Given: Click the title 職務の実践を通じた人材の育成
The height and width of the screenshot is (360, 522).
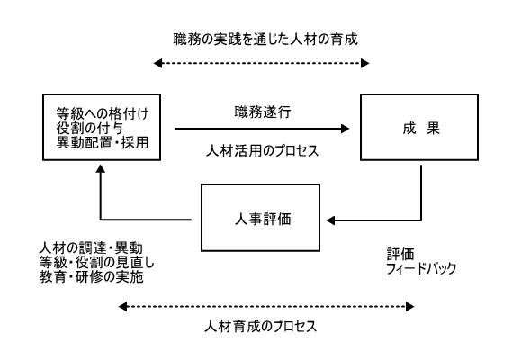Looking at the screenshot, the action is (x=265, y=40).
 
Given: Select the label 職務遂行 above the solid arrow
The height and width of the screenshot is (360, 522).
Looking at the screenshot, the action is (x=263, y=112).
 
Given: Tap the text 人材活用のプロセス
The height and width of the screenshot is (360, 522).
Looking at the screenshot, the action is (x=262, y=151).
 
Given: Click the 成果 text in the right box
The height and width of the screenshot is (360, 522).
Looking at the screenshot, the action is (x=421, y=128).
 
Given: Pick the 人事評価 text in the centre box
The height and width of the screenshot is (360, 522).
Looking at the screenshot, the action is (x=263, y=219).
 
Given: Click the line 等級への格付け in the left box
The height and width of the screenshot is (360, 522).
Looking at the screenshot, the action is (x=103, y=114).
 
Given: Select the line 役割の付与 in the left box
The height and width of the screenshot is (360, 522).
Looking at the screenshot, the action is (x=90, y=128).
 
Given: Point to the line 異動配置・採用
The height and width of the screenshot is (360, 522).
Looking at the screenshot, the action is (x=103, y=142).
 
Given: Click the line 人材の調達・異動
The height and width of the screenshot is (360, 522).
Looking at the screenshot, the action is (x=91, y=248).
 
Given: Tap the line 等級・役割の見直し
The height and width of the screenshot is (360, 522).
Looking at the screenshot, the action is (x=97, y=263).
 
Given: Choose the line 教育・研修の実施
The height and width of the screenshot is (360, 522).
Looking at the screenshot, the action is (x=91, y=276).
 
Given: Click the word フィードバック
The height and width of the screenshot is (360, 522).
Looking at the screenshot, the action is (x=421, y=268).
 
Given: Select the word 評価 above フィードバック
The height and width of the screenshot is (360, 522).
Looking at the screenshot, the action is (x=400, y=254).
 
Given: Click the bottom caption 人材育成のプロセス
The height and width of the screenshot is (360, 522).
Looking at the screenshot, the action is (x=261, y=326).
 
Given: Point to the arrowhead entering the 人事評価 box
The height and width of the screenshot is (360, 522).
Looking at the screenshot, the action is (x=330, y=220).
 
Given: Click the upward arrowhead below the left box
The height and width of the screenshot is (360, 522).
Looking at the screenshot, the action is (x=101, y=169).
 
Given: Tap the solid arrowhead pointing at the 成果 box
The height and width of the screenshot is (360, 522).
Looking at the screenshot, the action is (x=345, y=129).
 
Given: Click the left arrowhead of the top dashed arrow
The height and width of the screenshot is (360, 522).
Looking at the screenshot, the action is (x=157, y=63).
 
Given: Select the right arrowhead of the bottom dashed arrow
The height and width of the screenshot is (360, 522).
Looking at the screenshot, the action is (x=409, y=306).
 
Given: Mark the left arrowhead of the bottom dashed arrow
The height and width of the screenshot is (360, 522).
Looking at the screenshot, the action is (x=122, y=306).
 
